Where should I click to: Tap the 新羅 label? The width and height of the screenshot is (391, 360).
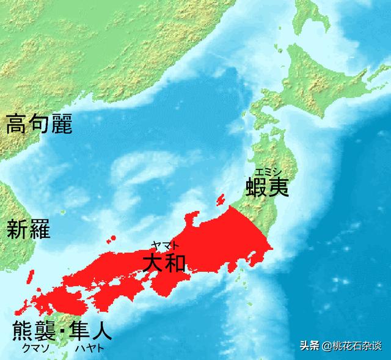[x=29, y=229]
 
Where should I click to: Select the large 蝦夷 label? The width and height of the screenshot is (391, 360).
[x=265, y=186]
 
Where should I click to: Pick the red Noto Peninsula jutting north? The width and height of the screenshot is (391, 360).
[x=194, y=218]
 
